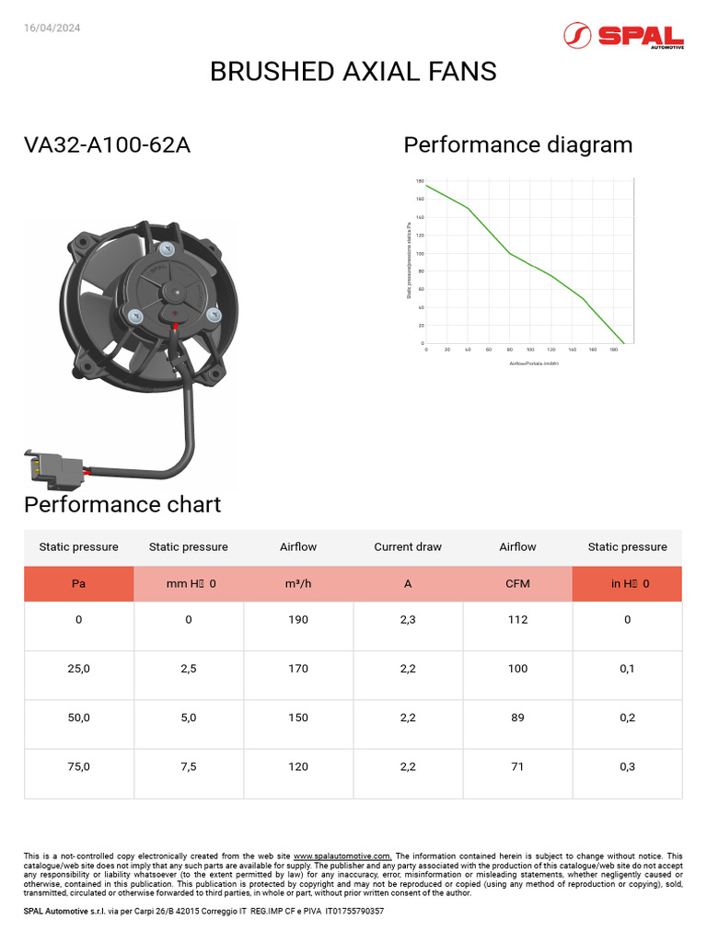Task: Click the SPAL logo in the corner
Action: (x=623, y=36)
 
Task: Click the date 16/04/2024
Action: (x=52, y=28)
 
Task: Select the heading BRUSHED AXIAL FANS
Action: (x=353, y=72)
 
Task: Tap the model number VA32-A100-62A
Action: (x=107, y=145)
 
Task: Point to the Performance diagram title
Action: (x=518, y=145)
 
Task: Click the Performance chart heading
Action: (x=122, y=505)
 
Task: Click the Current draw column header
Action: (x=408, y=546)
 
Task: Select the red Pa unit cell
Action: (x=79, y=583)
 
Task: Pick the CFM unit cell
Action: (x=517, y=583)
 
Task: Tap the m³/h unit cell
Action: (x=298, y=583)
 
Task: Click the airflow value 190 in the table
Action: (x=298, y=620)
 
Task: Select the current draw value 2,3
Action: (x=408, y=620)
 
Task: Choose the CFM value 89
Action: (x=517, y=718)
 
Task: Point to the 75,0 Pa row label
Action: (x=79, y=766)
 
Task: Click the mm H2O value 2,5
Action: (x=189, y=669)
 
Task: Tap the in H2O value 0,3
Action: (x=627, y=766)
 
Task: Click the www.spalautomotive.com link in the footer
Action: (x=342, y=856)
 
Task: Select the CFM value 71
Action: (x=517, y=766)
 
